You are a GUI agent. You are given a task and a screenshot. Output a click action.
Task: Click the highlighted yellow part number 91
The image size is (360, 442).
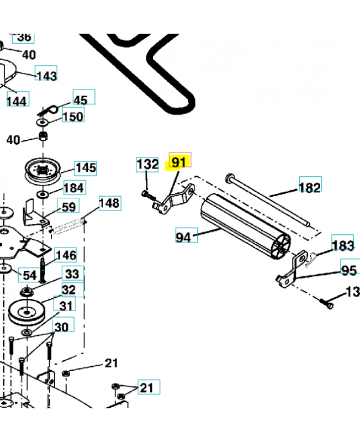pyautogui.click(x=179, y=162)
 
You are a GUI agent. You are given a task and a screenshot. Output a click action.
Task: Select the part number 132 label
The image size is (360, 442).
pyautogui.click(x=147, y=165)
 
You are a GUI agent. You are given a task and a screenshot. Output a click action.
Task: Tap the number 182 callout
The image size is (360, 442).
pyautogui.click(x=309, y=187)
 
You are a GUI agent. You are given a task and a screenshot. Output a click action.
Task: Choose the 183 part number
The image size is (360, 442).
pyautogui.click(x=343, y=245)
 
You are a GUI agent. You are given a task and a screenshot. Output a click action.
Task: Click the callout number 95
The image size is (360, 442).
pyautogui.click(x=350, y=270)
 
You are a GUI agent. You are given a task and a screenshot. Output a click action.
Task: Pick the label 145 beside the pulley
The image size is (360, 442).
pyautogui.click(x=86, y=167)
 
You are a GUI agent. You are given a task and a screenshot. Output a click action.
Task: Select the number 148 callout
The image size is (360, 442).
pyautogui.click(x=109, y=203)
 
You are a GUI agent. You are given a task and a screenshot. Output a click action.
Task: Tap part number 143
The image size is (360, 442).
pyautogui.click(x=46, y=75)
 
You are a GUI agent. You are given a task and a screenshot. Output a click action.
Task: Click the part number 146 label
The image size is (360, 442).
pyautogui.click(x=66, y=255)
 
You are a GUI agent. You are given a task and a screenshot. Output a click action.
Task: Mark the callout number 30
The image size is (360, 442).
pyautogui.click(x=61, y=327)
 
